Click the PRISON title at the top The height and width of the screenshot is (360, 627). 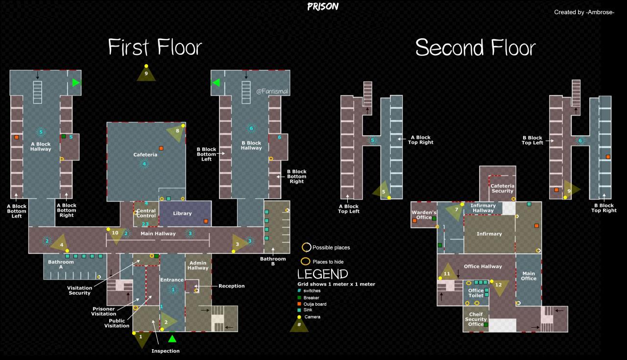323,6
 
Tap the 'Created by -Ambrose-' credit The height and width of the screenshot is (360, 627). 584,12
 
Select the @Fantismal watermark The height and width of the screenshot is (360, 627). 272,91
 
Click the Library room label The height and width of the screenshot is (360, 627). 182,214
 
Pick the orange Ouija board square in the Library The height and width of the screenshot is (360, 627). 206,221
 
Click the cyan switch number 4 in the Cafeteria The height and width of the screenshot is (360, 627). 144,164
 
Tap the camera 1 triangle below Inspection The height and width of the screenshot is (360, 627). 142,339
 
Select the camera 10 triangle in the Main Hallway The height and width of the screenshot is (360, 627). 116,235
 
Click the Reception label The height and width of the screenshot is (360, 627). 232,286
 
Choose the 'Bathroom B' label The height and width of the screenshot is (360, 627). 273,261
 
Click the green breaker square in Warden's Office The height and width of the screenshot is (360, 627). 434,218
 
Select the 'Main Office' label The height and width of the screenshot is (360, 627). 529,276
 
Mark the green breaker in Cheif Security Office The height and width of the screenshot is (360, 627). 486,325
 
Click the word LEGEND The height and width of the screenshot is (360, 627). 322,274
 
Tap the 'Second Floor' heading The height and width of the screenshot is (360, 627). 475,47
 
